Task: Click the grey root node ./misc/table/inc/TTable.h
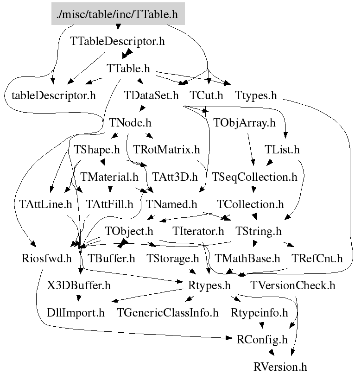point(118,14)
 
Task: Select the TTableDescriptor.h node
point(118,41)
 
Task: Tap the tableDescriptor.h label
point(53,96)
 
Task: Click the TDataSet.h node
point(152,96)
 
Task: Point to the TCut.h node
point(207,96)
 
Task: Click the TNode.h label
point(131,123)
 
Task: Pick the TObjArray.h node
point(244,123)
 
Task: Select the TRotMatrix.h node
point(166,150)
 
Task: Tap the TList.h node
point(282,150)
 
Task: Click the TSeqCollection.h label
point(254,177)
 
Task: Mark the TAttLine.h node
point(46,204)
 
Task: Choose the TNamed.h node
point(171,204)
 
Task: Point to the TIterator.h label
point(198,231)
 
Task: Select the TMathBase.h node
point(247,258)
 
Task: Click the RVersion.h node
point(280,367)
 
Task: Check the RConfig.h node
point(262,340)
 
